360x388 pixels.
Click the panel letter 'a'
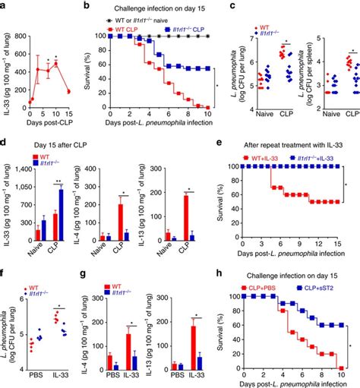click(4, 5)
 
